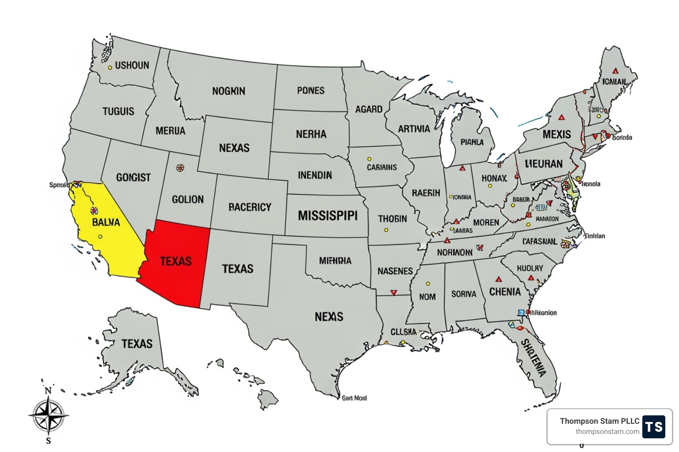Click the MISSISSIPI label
pyautogui.click(x=328, y=216)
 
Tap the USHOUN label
pyautogui.click(x=132, y=65)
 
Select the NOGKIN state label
pyautogui.click(x=229, y=91)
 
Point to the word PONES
pyautogui.click(x=311, y=90)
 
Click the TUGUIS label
pyautogui.click(x=118, y=111)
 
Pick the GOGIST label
pyautogui.click(x=134, y=177)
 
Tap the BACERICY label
pyautogui.click(x=250, y=207)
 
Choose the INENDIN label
pyautogui.click(x=315, y=175)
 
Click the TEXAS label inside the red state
pyautogui.click(x=176, y=261)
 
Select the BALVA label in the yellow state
pyautogui.click(x=106, y=222)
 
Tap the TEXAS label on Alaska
pyautogui.click(x=137, y=343)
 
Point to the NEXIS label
pyautogui.click(x=329, y=316)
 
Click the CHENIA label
pyautogui.click(x=505, y=292)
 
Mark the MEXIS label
pyautogui.click(x=557, y=134)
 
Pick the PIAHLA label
pyautogui.click(x=472, y=142)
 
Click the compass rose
pyautogui.click(x=49, y=415)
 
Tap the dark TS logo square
pyautogui.click(x=654, y=426)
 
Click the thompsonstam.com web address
pyautogui.click(x=607, y=432)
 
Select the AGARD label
pyautogui.click(x=369, y=109)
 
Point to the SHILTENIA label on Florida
pyautogui.click(x=534, y=358)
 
